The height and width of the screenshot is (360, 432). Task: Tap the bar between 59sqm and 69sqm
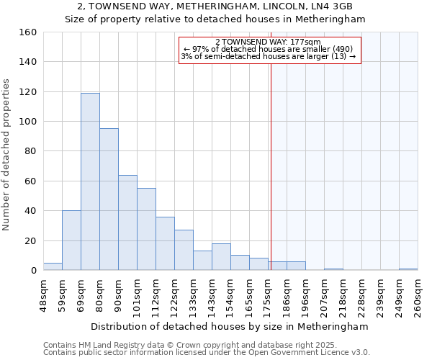click(x=71, y=240)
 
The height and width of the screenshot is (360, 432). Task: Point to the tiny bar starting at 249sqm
click(x=408, y=269)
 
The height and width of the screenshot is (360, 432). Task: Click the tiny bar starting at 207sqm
click(x=333, y=269)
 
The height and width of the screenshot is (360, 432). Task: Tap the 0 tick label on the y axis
click(x=33, y=271)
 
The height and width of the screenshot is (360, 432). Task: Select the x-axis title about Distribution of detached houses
click(x=230, y=326)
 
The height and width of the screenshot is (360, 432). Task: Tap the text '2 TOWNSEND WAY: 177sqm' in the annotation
click(x=268, y=42)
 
